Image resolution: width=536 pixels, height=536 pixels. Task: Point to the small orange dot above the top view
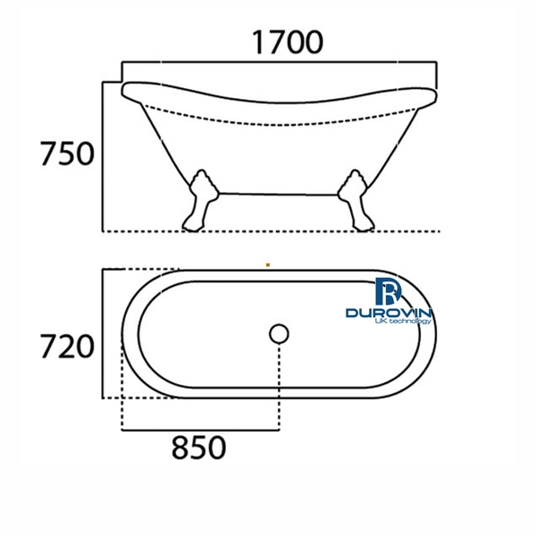click(268, 264)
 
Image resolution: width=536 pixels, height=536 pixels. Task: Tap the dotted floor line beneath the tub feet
click(268, 230)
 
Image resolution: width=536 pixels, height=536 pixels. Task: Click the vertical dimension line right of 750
click(105, 156)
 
